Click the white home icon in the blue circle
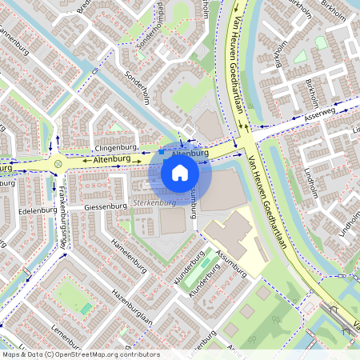coord(180,172)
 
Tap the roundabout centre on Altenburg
coord(59,164)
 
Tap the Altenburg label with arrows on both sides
coord(112,160)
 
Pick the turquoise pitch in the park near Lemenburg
coord(86,308)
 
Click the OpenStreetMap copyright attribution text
coord(81,354)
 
